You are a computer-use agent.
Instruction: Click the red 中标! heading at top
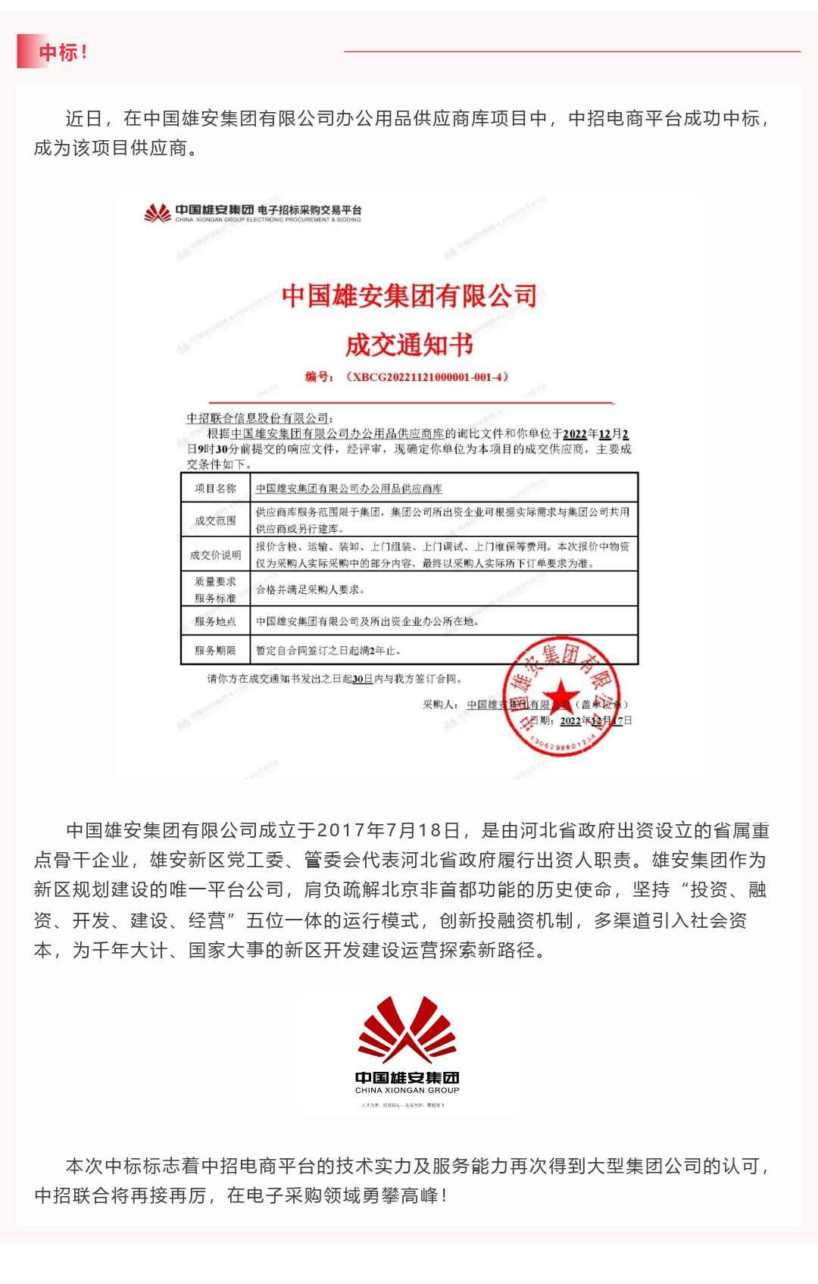[x=63, y=52]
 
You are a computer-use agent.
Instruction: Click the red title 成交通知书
[x=409, y=345]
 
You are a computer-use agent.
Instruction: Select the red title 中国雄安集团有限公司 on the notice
[x=409, y=295]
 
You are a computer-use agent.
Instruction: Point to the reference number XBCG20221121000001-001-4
[x=428, y=376]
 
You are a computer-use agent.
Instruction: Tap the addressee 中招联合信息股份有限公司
[x=258, y=418]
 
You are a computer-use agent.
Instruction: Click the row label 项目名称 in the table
[x=215, y=489]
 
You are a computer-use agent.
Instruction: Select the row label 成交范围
[x=215, y=520]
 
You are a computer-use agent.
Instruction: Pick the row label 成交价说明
[x=215, y=555]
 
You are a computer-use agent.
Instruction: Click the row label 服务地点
[x=215, y=621]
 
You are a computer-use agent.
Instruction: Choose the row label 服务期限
[x=215, y=650]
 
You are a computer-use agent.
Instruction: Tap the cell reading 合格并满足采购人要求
[x=311, y=589]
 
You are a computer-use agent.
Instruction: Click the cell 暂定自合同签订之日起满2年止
[x=328, y=650]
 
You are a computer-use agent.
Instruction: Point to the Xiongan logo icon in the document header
[x=158, y=213]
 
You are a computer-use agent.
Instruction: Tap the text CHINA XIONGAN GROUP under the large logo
[x=407, y=1091]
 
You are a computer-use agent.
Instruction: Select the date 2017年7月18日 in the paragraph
[x=389, y=831]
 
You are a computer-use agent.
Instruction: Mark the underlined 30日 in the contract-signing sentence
[x=363, y=679]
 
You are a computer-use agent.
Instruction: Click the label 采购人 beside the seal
[x=439, y=704]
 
